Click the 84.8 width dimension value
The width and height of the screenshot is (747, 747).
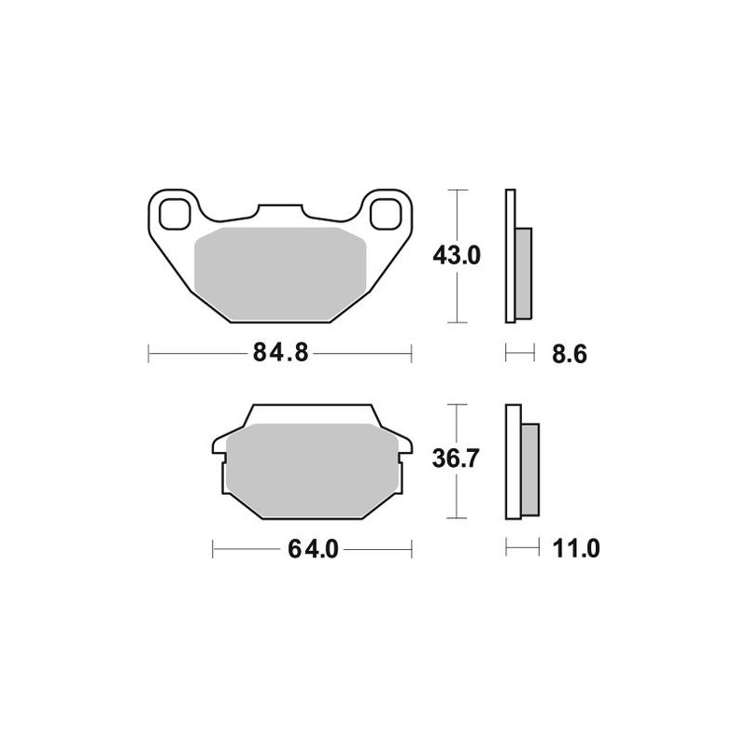tap(280, 353)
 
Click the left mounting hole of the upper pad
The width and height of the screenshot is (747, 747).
tap(173, 213)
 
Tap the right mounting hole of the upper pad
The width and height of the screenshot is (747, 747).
tap(385, 213)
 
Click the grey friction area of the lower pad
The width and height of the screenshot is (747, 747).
tap(313, 467)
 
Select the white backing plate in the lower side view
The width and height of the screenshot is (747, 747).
tap(513, 461)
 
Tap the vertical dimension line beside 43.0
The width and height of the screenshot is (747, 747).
tap(455, 299)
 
